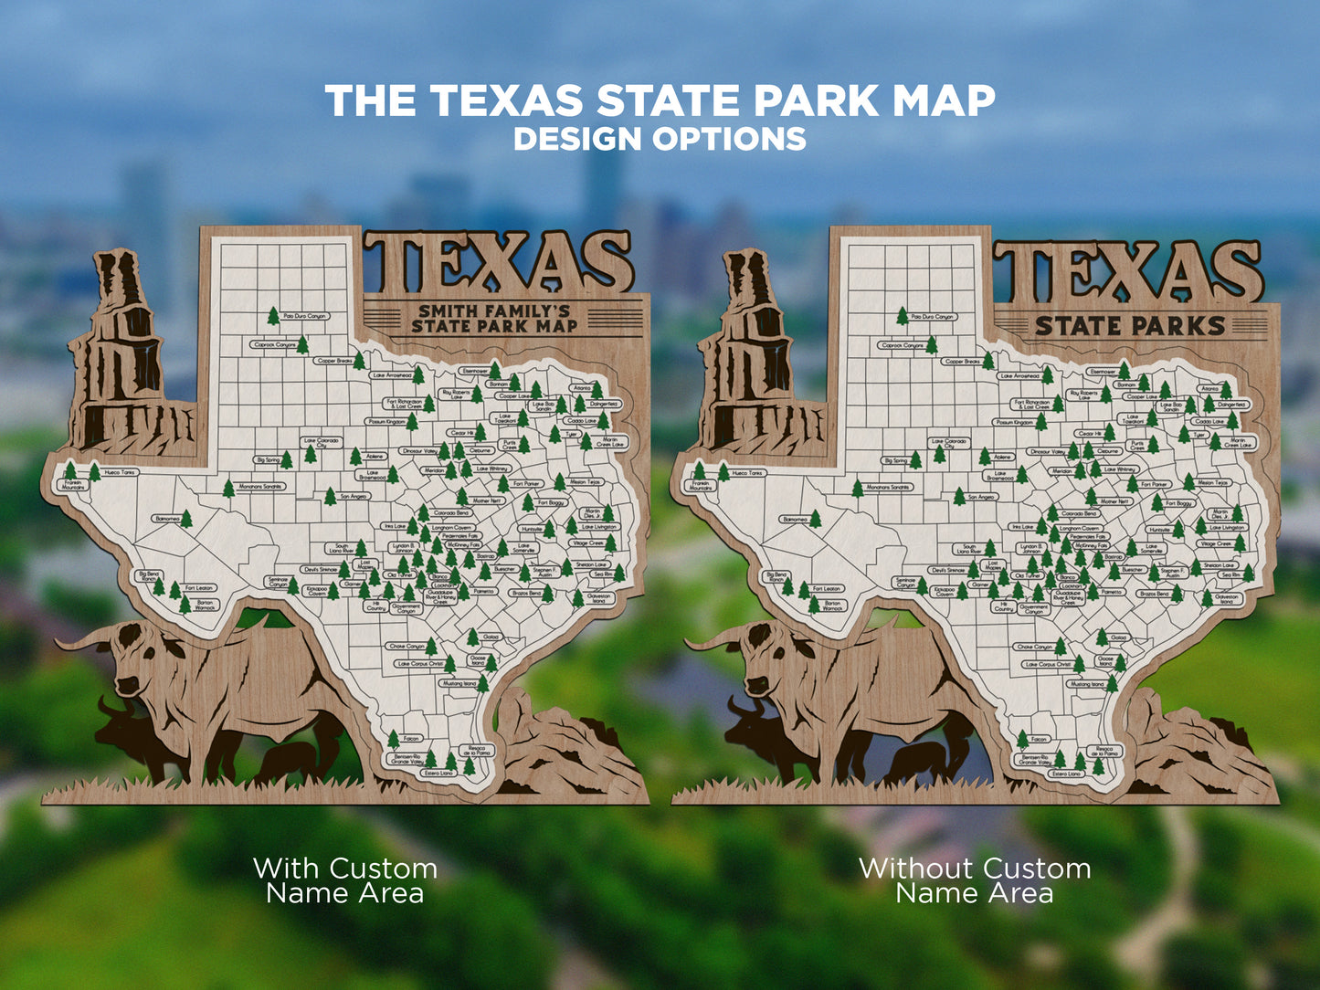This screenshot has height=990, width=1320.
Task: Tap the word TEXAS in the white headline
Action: (506, 100)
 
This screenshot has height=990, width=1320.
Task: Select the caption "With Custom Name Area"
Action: (345, 879)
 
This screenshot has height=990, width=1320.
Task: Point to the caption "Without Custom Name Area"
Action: (975, 879)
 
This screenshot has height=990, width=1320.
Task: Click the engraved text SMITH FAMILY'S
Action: (494, 311)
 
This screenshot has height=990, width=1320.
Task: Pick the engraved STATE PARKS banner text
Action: (1129, 326)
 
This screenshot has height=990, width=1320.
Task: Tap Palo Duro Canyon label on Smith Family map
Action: (305, 316)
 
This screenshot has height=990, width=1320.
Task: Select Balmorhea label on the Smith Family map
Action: (167, 519)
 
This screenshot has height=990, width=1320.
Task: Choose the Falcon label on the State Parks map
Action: (1038, 739)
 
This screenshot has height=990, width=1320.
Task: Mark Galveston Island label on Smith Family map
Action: (599, 598)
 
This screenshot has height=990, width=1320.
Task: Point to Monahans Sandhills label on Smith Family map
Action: (261, 487)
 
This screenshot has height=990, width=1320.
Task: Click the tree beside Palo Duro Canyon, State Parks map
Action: (903, 316)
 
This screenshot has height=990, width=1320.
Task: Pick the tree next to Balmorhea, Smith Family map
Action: (186, 519)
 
